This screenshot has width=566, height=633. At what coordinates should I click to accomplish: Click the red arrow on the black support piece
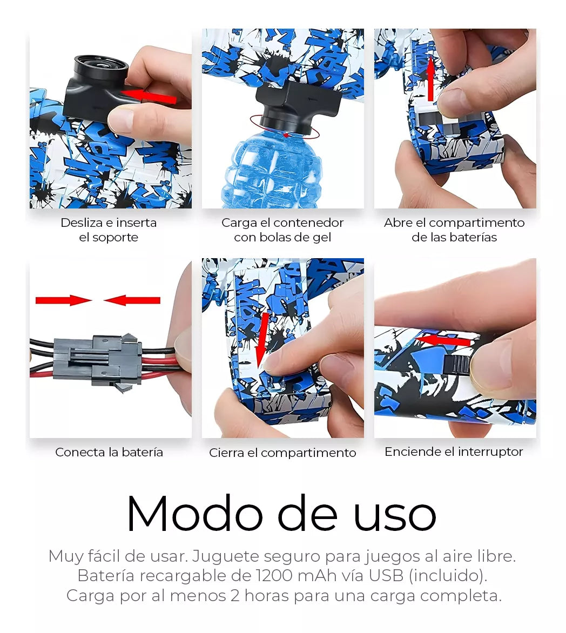[x=149, y=97]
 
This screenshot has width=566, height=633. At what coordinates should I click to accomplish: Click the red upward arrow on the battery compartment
[x=430, y=79]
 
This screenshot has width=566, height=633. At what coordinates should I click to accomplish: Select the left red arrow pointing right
[x=63, y=300]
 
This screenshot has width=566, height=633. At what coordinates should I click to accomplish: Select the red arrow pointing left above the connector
[x=132, y=300]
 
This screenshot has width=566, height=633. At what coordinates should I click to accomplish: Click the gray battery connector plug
[x=97, y=360]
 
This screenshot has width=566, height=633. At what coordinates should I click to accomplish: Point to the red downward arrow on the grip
[x=263, y=340]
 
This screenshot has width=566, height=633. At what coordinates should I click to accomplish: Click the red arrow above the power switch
[x=443, y=341]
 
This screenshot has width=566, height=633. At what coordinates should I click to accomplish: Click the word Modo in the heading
[x=195, y=514]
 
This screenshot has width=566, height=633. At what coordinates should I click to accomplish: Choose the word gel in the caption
[x=321, y=238]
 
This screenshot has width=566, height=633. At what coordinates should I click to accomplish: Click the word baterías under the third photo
[x=476, y=237]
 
